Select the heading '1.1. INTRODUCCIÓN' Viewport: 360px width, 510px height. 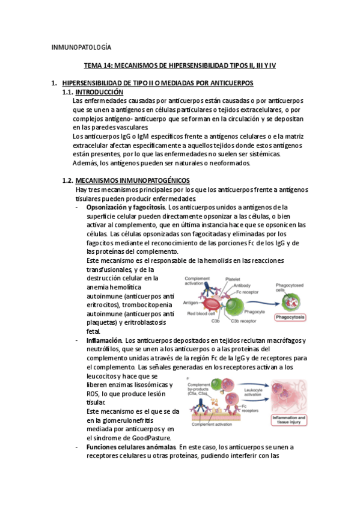93,92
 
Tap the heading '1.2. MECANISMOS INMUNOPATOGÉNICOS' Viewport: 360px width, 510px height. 126,181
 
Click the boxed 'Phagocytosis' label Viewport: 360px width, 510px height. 292,317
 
